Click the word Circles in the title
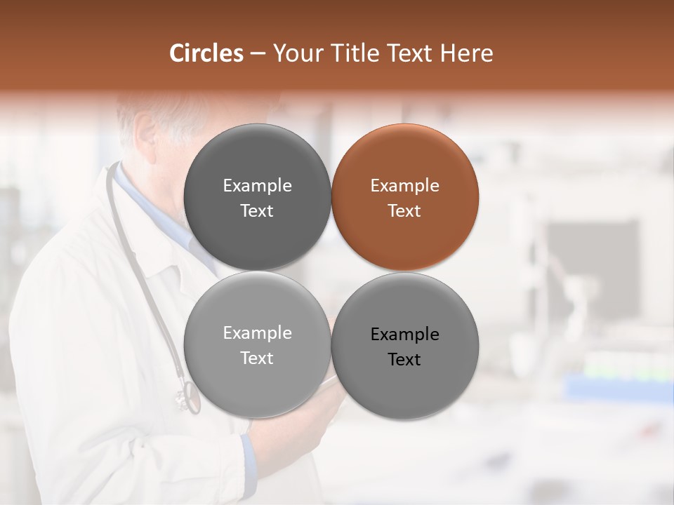[206, 53]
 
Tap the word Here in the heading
[466, 53]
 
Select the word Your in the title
[297, 54]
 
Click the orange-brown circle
[405, 198]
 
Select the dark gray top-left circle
[258, 198]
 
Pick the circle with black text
[405, 346]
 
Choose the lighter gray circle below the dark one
[258, 345]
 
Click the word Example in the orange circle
[405, 186]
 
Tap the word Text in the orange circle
[404, 211]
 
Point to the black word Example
[405, 335]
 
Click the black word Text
[404, 360]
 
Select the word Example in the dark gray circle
[258, 186]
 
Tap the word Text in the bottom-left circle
[257, 358]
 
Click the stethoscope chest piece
[187, 397]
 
